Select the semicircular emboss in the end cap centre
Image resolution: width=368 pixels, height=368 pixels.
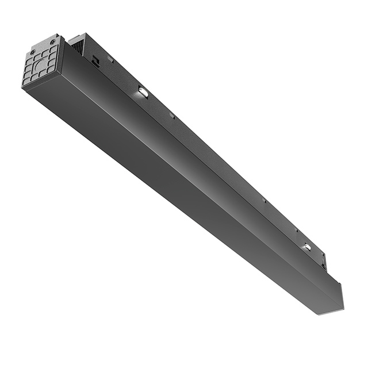point(40,65)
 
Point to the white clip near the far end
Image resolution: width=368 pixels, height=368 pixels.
point(307,247)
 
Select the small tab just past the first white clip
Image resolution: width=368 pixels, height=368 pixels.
point(172,116)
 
